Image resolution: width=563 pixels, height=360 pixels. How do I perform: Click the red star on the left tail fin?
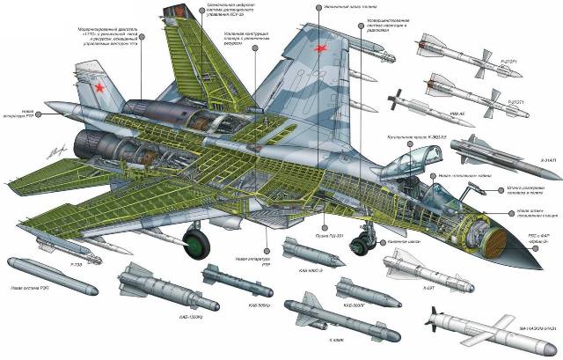(x=99, y=87)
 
